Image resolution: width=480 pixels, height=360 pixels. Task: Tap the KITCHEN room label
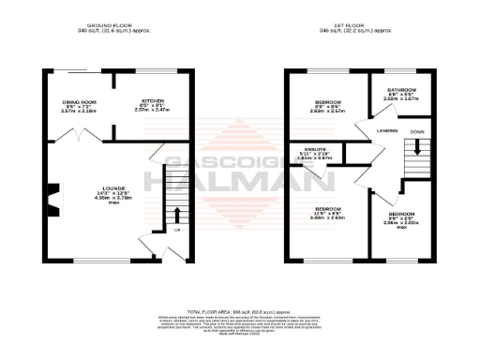coord(152,100)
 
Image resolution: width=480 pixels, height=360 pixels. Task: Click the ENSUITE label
coord(315,149)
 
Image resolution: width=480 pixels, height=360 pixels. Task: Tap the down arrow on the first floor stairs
coord(417,147)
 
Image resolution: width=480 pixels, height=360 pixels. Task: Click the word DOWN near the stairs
coord(417,132)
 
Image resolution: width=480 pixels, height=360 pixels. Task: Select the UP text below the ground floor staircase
coord(177,230)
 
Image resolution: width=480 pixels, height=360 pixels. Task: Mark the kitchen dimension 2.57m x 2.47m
coord(152,112)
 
